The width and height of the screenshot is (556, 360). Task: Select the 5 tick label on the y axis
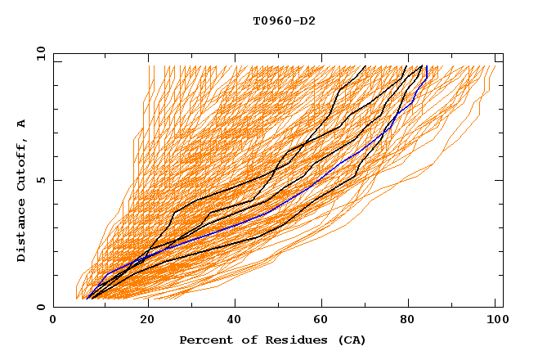click(x=40, y=180)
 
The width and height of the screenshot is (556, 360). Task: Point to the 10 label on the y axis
click(x=38, y=52)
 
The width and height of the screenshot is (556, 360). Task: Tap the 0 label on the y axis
click(x=40, y=307)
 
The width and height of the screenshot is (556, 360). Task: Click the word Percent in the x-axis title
click(x=204, y=340)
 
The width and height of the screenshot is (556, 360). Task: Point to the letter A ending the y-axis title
click(x=21, y=124)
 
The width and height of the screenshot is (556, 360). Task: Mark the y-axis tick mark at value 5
click(x=56, y=180)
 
